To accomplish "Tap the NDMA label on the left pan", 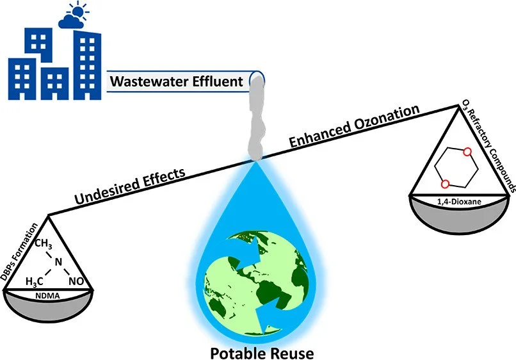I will pyautogui.click(x=49, y=297).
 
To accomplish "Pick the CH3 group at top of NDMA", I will pyautogui.click(x=43, y=244).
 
